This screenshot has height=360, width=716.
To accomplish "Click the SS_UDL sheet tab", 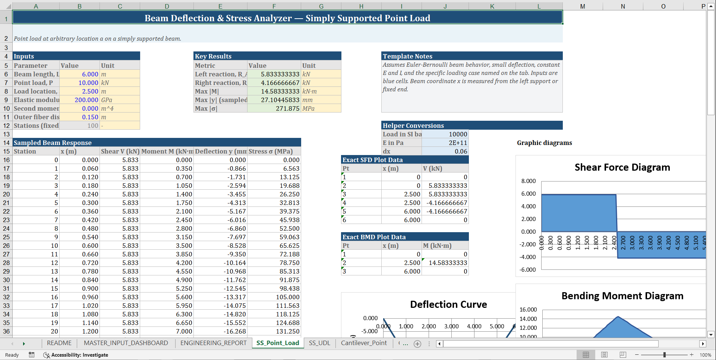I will click(x=319, y=343).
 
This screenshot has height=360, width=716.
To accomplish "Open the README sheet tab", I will click(x=59, y=343).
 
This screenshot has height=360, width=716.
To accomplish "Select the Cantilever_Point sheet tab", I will click(x=364, y=343).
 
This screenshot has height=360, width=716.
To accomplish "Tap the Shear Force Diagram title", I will click(x=622, y=167).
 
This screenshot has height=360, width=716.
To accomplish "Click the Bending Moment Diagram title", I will click(x=622, y=296).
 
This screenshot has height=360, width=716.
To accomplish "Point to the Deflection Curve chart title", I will click(x=448, y=304).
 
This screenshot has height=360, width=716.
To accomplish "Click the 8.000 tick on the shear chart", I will click(x=528, y=181).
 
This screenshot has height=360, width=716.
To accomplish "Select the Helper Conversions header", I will click(x=413, y=126).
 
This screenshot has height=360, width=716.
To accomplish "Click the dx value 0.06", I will click(x=461, y=151).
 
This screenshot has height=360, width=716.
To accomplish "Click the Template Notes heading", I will click(x=407, y=56).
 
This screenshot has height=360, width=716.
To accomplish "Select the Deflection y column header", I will click(x=220, y=151).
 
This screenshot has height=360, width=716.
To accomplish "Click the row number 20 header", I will click(x=6, y=194).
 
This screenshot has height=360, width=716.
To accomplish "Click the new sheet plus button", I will click(x=417, y=344).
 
